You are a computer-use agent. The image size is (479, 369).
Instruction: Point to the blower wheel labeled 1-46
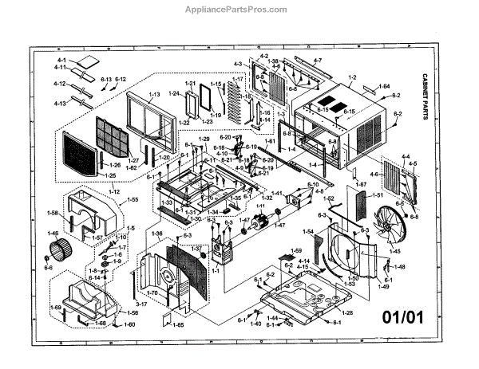(57, 249)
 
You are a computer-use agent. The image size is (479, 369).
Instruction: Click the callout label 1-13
(154, 95)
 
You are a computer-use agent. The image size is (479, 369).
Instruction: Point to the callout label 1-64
(384, 86)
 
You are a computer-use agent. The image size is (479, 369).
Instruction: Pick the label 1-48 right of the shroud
(399, 267)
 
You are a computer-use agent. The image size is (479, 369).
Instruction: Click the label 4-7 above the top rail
(317, 61)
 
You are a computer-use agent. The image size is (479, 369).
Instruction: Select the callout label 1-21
(190, 84)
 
